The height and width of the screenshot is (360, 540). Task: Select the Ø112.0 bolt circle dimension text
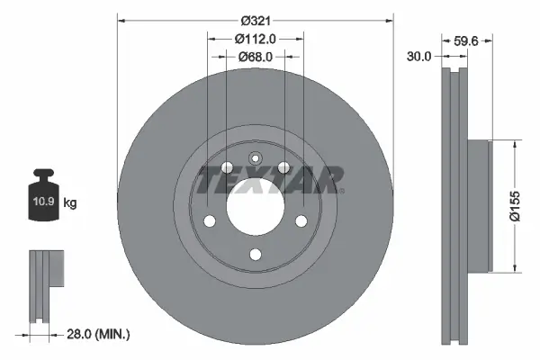tap(255, 38)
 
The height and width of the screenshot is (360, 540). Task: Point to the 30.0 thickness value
tap(420, 55)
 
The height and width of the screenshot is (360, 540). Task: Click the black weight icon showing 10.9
tap(45, 191)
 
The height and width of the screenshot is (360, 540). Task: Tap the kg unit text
tap(70, 203)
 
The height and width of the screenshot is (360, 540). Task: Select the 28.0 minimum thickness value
tap(81, 334)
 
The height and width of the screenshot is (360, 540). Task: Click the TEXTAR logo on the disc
tap(270, 178)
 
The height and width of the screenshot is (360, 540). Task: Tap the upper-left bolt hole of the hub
tap(227, 167)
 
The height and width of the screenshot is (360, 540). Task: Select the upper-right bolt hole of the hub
tap(283, 167)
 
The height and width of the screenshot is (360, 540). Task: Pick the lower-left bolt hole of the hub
tap(209, 221)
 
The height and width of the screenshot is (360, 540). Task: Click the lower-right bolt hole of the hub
tap(301, 221)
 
